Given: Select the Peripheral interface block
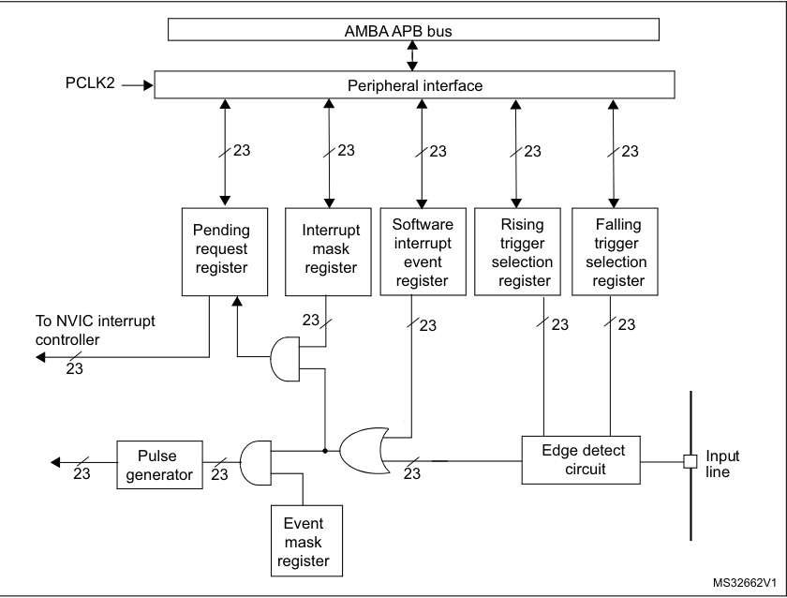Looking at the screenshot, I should click(414, 85).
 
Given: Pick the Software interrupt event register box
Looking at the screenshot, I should click(421, 248).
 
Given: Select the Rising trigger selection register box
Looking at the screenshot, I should click(514, 248).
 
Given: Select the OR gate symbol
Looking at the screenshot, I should click(366, 450).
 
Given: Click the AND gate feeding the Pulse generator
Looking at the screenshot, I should click(254, 461).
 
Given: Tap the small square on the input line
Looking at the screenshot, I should click(690, 461).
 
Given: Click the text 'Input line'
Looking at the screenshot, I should click(721, 465).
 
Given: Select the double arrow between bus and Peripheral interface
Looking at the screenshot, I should click(412, 55).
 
